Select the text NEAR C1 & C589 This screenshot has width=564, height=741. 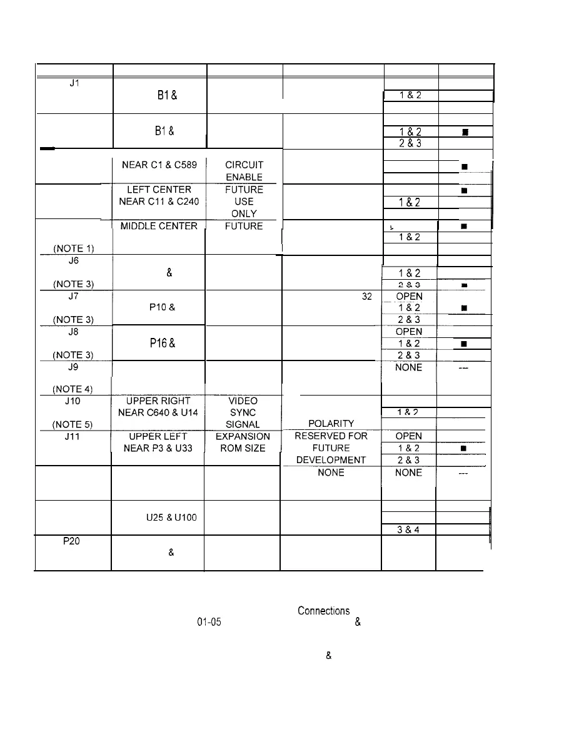159,165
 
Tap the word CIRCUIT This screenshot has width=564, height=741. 244,165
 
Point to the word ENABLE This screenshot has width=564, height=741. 244,178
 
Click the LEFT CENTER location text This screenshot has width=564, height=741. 159,190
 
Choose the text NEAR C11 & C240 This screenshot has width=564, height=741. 159,202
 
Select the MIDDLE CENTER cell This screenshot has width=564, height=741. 159,226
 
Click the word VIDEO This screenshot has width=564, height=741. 244,401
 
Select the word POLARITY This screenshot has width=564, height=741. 331,424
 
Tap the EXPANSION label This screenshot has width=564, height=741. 243,436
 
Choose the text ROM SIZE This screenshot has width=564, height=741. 243,448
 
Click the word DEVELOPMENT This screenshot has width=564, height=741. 331,460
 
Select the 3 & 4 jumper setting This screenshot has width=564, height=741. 408,529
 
